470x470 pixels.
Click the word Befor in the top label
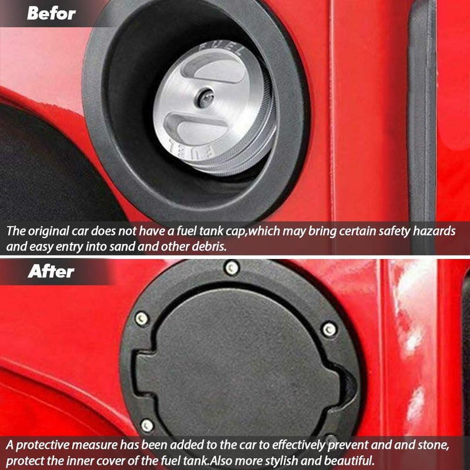coord(52,13)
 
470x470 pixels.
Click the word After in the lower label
coord(51,271)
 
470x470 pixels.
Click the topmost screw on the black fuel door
coord(232,268)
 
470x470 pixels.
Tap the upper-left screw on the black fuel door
coord(142,318)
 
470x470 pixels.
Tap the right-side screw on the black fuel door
coord(330,329)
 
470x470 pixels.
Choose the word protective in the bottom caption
coord(44,444)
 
